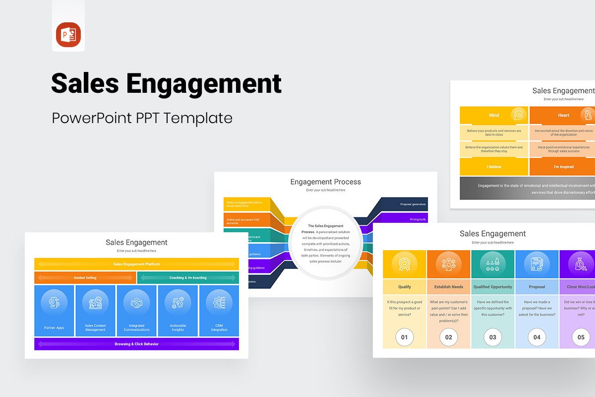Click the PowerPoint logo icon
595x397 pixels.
(x=68, y=35)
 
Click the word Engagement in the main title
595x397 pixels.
(x=204, y=83)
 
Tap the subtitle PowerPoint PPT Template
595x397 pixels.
(x=142, y=118)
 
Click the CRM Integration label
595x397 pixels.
(x=219, y=328)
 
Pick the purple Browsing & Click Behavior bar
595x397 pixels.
(x=136, y=344)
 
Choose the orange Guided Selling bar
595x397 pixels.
(x=85, y=278)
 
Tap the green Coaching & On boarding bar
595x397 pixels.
(x=188, y=278)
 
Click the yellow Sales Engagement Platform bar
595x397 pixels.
(x=136, y=264)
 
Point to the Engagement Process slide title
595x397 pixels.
(x=325, y=182)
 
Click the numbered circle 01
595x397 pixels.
(x=404, y=337)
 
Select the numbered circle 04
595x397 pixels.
(x=537, y=337)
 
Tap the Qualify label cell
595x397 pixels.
(x=404, y=287)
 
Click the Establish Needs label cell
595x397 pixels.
(x=448, y=287)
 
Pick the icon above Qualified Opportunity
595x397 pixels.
(x=492, y=264)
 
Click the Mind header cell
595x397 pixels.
(x=494, y=115)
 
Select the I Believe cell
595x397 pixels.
(x=494, y=167)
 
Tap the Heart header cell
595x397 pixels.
(x=563, y=115)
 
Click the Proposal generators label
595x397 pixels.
(x=413, y=204)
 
